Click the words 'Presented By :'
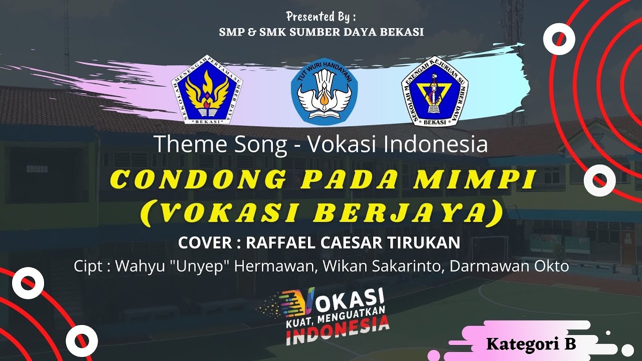click(321, 17)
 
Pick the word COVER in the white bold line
click(204, 243)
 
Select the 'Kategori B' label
click(531, 344)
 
